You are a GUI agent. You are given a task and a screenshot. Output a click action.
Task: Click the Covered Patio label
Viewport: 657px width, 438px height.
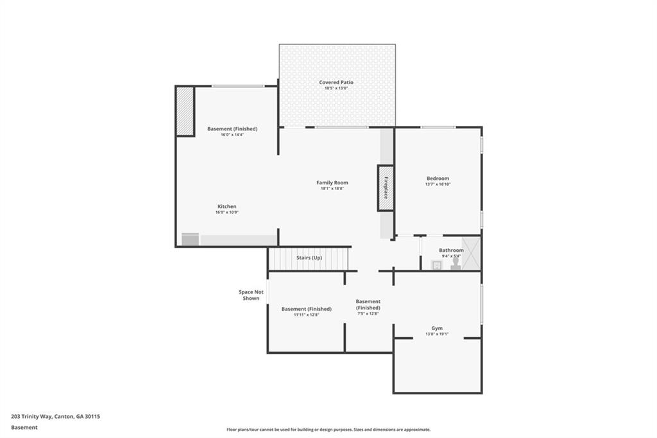[336, 82]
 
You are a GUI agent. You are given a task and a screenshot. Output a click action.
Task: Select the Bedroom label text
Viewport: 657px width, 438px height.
[438, 178]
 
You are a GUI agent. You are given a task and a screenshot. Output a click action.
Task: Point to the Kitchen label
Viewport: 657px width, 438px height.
[226, 206]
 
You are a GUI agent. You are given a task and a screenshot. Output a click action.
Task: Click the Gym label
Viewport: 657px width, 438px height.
[436, 328]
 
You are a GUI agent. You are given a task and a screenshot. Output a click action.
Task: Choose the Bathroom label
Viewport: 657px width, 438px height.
[451, 250]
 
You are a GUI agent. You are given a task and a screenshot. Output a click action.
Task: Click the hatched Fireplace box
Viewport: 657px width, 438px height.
[386, 188]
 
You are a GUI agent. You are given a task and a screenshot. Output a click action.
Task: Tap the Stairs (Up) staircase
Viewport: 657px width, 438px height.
[309, 258]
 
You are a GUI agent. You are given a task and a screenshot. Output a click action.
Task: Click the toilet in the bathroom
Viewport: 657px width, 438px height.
[456, 263]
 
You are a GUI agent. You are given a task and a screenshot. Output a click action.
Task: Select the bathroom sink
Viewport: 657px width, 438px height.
[436, 264]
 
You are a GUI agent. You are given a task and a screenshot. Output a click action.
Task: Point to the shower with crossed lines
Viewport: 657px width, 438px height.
[472, 252]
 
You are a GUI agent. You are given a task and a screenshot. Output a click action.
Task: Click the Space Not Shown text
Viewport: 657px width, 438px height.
[251, 295]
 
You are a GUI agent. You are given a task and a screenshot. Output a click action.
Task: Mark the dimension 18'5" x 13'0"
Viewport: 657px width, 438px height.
[336, 89]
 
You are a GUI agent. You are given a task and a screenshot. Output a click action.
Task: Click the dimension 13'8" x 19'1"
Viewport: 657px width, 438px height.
[436, 334]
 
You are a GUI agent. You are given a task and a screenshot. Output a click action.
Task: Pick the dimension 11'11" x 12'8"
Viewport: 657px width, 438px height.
[306, 315]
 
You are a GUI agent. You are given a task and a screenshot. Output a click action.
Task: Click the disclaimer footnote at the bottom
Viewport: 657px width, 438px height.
[328, 430]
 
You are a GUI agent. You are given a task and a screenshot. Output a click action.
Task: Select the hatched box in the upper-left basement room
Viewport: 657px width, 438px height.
[185, 111]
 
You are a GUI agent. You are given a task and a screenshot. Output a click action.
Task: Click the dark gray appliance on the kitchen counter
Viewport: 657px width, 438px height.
[191, 240]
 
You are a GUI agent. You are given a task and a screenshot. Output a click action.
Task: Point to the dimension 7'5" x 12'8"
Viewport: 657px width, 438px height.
[368, 313]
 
